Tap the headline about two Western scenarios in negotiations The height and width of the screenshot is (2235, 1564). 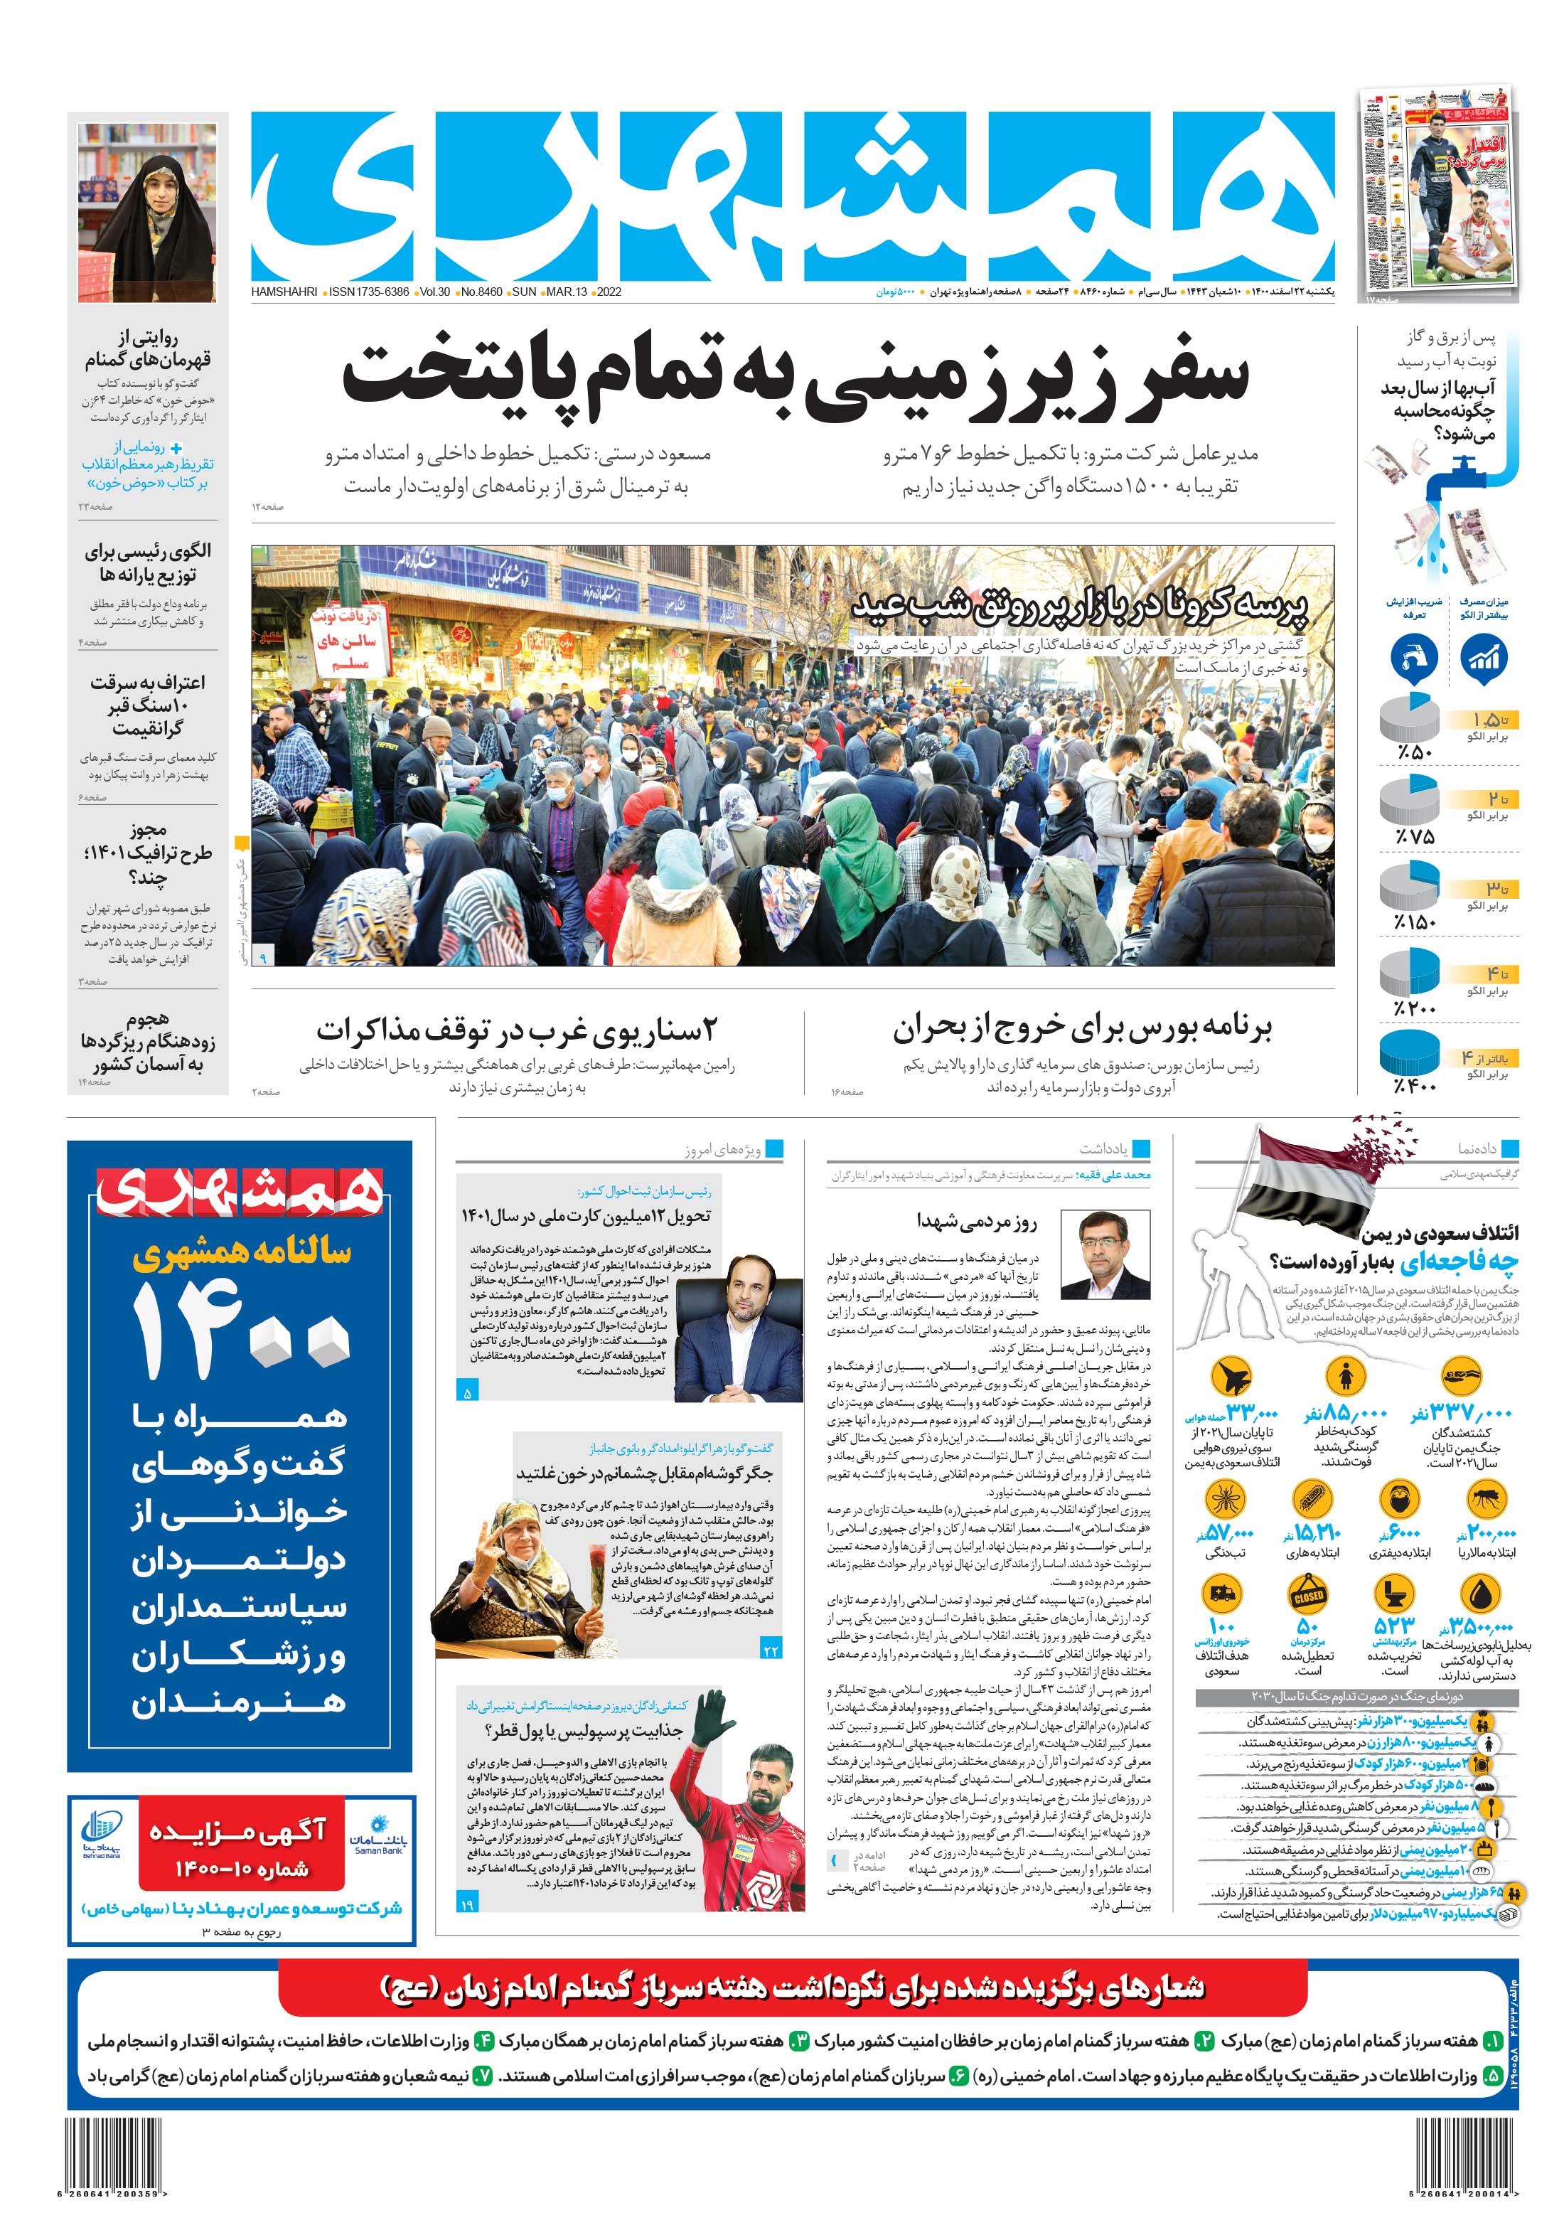coord(516,1029)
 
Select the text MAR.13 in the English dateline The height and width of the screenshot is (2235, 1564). coord(567,292)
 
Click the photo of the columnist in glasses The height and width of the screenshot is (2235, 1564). coord(1115,1252)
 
